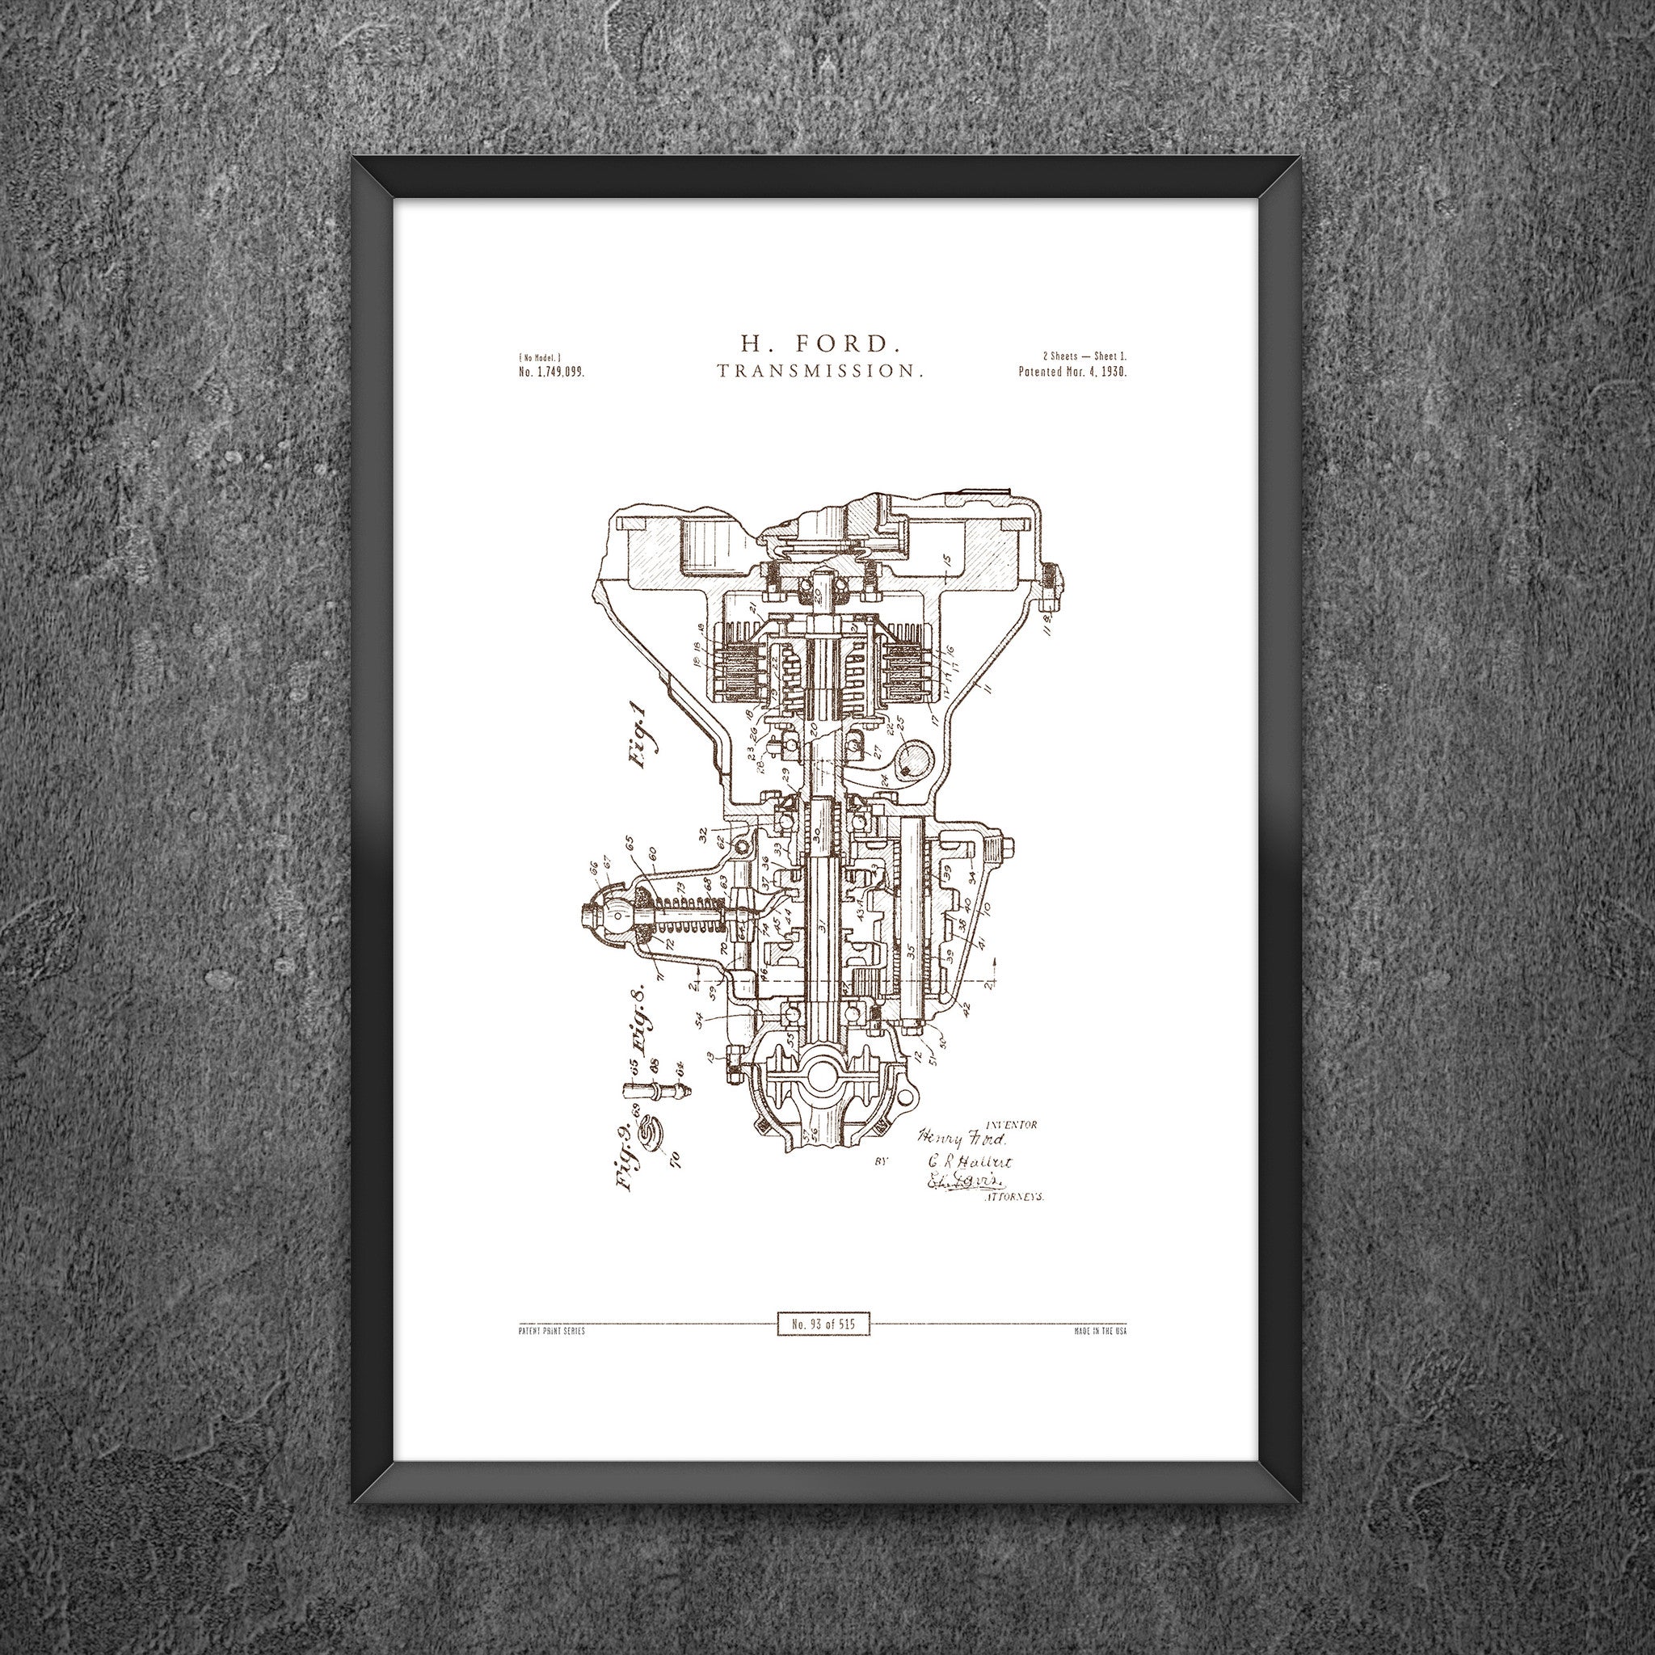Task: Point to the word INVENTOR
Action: click(x=1012, y=1124)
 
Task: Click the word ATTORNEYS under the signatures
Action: click(x=1012, y=1198)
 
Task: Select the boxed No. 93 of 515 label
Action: click(x=823, y=1324)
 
